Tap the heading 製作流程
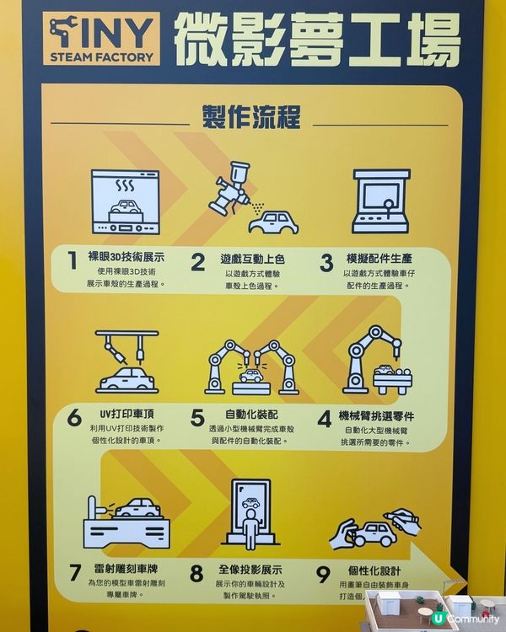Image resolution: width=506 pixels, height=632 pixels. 252,117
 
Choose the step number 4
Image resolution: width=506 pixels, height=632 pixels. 324,419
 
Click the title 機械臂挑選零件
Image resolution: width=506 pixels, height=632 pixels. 376,415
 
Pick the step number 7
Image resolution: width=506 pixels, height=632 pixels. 74,574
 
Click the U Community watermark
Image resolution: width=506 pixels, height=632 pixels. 464,618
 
